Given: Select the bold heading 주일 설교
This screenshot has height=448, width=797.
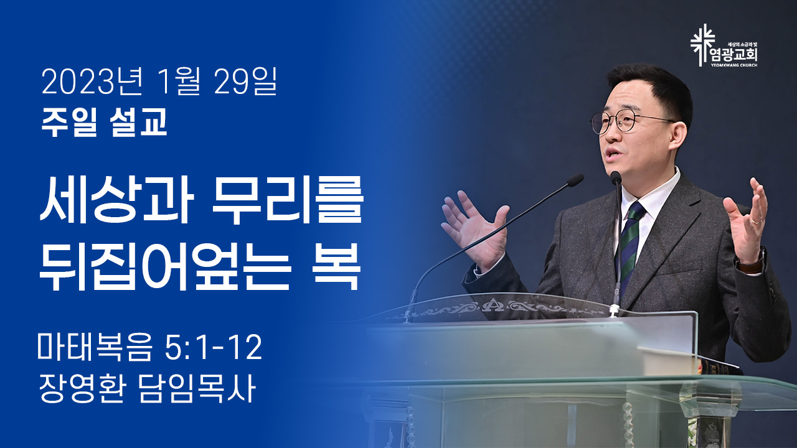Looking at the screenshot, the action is click(104, 122).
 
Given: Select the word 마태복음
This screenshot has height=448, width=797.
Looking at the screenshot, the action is click(95, 347).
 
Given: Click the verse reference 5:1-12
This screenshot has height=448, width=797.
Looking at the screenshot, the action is click(214, 347).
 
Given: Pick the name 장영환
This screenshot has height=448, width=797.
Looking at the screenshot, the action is click(82, 389).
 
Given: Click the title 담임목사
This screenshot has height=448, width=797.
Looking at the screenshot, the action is click(196, 389).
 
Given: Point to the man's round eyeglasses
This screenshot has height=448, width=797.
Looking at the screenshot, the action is click(630, 122).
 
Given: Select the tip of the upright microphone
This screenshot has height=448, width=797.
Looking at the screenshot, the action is click(616, 177).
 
